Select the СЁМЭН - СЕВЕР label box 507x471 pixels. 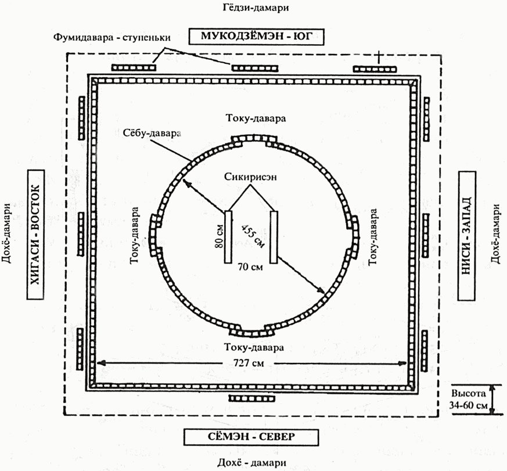[251, 437]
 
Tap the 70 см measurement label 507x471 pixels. [251, 268]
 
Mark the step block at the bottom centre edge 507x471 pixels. [252, 398]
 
